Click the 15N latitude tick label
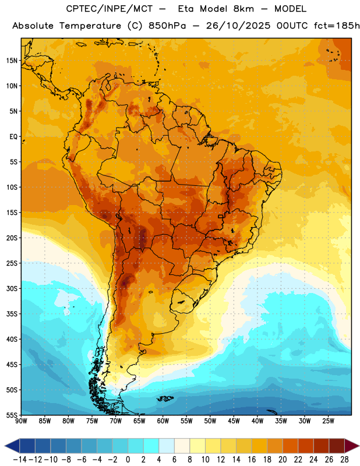pos(12,61)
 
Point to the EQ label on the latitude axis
pos(13,137)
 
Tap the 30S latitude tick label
pos(12,288)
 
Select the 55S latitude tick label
pos(12,415)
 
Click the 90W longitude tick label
pos(21,421)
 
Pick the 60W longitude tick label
pos(163,421)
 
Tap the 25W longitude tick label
pos(328,421)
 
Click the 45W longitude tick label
pos(234,421)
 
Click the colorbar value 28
pos(344,460)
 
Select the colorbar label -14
pos(20,460)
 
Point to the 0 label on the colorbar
pos(128,460)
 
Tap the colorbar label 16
pos(252,460)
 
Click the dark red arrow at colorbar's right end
pos(352,446)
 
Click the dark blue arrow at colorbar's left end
pos(12,446)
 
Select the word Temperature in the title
pos(90,26)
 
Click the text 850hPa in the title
pos(167,26)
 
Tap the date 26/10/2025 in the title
pos(238,26)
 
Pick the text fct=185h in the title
pos(337,26)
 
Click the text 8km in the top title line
pos(243,9)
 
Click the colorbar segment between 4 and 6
pos(167,446)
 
